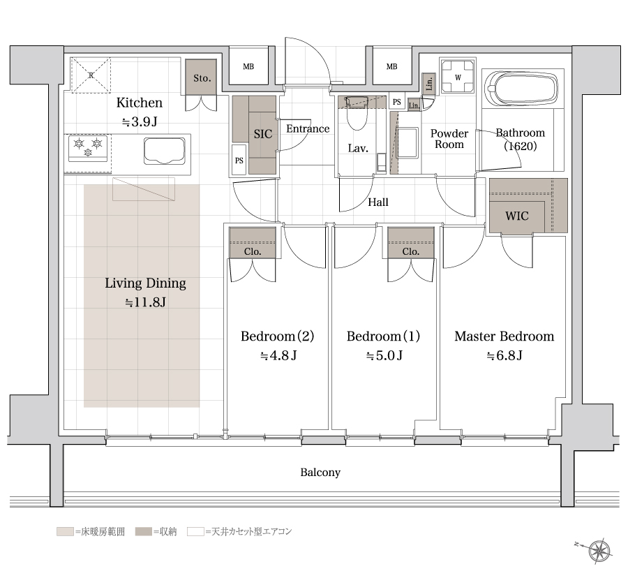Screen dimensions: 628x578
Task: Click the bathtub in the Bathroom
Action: [x=522, y=89]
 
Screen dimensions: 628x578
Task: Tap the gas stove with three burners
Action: [x=88, y=147]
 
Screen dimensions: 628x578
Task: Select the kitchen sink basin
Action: [x=165, y=151]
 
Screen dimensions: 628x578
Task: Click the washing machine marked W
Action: [x=458, y=77]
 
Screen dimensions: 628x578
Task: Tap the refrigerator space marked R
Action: [x=91, y=75]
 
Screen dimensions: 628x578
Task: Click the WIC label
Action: [x=516, y=216]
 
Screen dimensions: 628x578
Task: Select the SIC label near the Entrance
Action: [x=263, y=134]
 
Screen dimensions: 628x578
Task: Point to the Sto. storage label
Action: [x=202, y=78]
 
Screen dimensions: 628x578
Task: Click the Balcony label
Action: [x=320, y=473]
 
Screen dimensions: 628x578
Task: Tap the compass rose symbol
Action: [x=599, y=551]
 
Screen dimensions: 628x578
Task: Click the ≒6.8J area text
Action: [x=504, y=355]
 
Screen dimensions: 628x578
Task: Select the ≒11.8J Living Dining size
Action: [x=145, y=302]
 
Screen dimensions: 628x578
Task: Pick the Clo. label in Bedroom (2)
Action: [x=253, y=251]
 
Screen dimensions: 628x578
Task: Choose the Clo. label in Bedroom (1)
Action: [x=410, y=251]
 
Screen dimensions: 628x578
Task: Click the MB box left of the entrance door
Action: [x=248, y=66]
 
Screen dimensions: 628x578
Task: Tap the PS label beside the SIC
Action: [x=239, y=161]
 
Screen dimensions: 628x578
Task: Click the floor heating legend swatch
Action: [x=65, y=531]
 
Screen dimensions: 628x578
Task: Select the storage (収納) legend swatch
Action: [x=143, y=531]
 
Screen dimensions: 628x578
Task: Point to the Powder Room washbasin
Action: [x=408, y=142]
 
